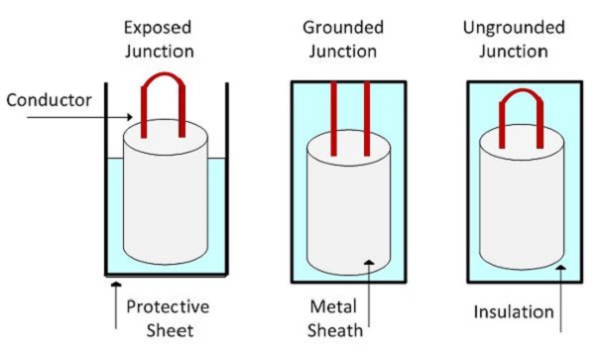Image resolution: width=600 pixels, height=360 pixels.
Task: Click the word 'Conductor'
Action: click(50, 99)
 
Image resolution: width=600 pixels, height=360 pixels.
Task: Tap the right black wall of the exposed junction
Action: click(227, 179)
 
